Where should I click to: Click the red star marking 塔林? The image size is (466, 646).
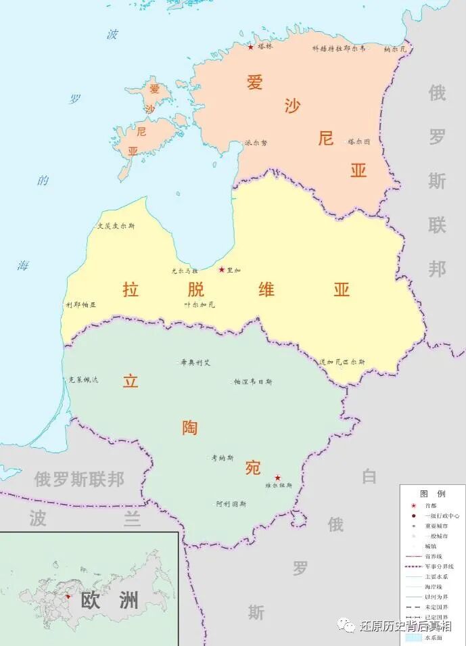(x=250, y=47)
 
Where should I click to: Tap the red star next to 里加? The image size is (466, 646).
(x=221, y=269)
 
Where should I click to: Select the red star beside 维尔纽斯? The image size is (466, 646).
(x=277, y=478)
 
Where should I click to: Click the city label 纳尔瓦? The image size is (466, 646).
(x=396, y=49)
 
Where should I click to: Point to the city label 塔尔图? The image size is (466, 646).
(x=359, y=141)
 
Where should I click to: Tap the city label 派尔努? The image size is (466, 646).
(x=256, y=143)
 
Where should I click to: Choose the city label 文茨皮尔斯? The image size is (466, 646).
(x=116, y=226)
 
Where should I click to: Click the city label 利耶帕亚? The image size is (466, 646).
(x=81, y=304)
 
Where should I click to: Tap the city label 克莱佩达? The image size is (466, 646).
(x=83, y=379)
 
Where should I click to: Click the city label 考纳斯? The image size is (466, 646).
(x=223, y=458)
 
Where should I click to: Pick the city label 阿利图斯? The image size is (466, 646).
(x=231, y=504)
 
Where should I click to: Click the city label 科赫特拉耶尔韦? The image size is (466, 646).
(x=339, y=49)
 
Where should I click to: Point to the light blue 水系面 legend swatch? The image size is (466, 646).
(x=413, y=637)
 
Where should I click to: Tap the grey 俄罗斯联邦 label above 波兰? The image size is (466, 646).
(x=79, y=480)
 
